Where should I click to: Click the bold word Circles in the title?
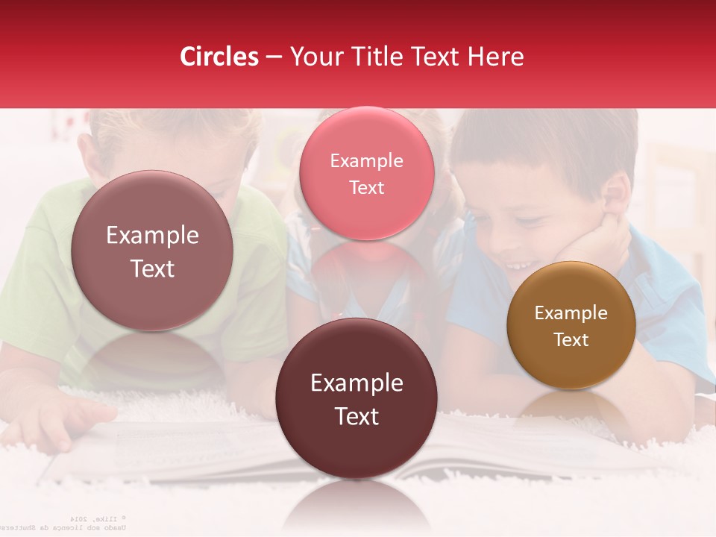click(219, 57)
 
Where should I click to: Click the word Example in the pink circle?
click(366, 160)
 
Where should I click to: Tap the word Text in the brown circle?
click(571, 339)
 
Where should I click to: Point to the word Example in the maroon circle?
click(356, 383)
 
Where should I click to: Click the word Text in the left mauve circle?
click(152, 268)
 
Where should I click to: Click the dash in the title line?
click(274, 57)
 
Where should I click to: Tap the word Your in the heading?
click(313, 57)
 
